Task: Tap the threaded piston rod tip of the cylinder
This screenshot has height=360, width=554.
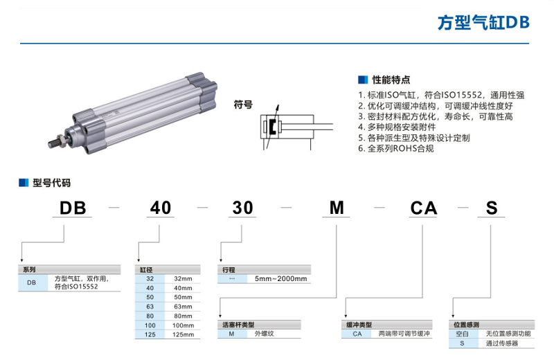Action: click(x=54, y=145)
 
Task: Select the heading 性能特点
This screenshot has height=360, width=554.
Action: click(x=391, y=80)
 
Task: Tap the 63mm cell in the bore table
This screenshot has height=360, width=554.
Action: click(x=181, y=305)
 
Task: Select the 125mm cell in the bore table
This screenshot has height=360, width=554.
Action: click(x=181, y=334)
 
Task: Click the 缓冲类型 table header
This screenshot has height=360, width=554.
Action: click(x=359, y=324)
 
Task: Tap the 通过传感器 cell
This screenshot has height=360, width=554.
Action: click(x=502, y=343)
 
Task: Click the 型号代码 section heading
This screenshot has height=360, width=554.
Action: click(x=51, y=183)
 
